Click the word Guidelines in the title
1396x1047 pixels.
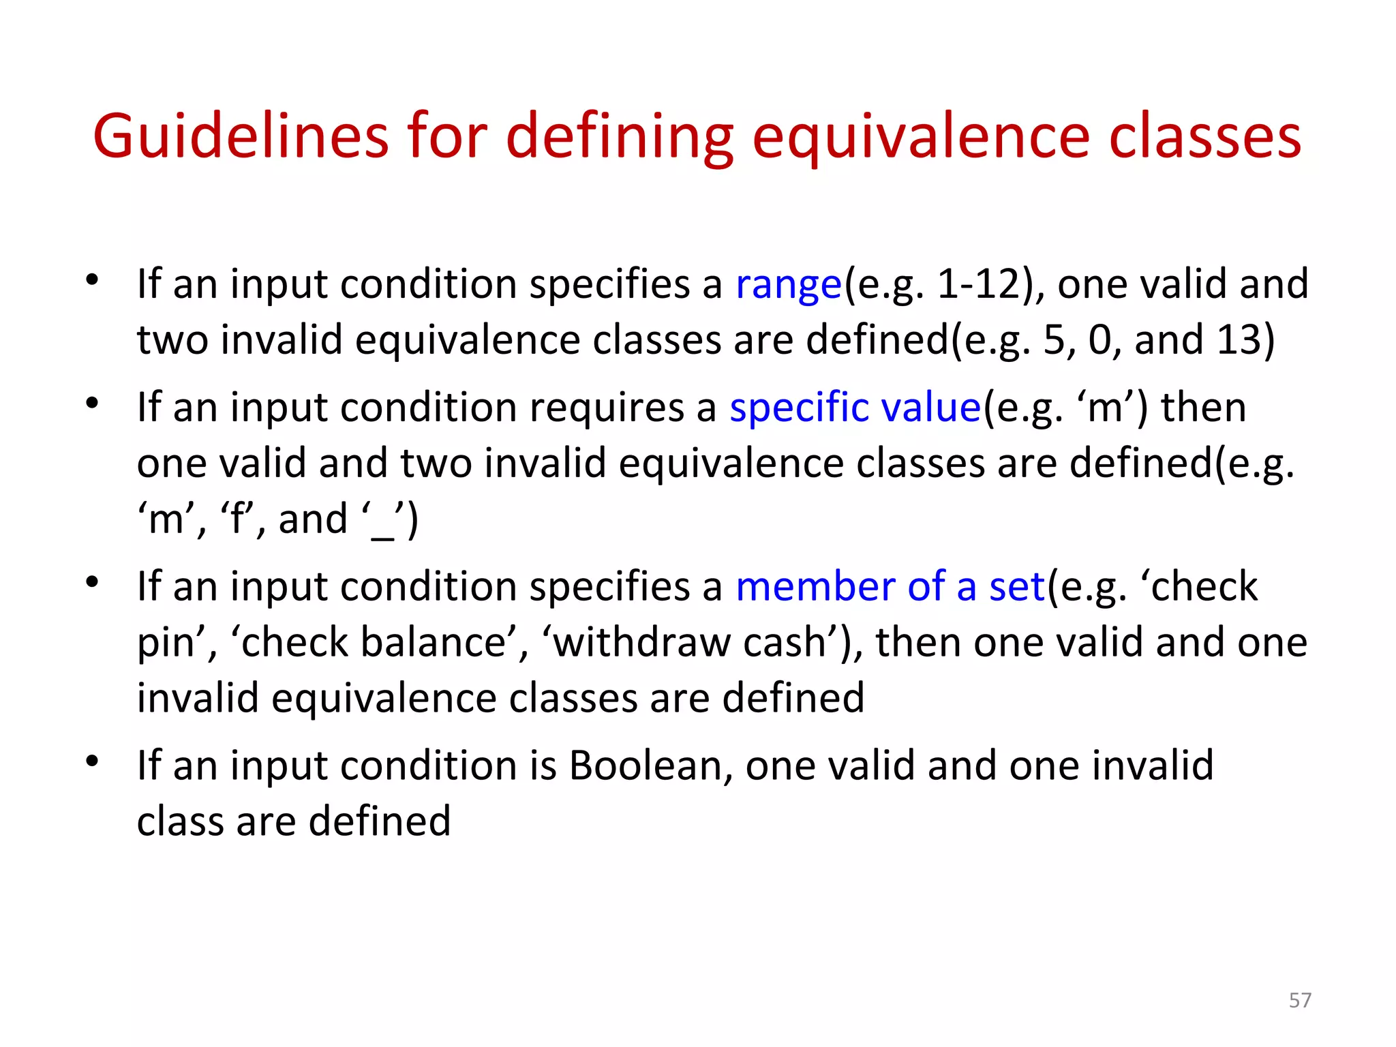click(x=241, y=136)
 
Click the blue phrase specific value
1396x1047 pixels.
click(x=855, y=408)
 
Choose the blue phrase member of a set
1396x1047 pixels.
click(x=890, y=587)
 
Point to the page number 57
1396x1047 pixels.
click(x=1300, y=1000)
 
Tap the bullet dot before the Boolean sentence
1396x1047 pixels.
click(x=93, y=760)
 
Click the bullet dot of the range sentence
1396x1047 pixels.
click(x=93, y=279)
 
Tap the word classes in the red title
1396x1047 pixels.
click(x=1205, y=136)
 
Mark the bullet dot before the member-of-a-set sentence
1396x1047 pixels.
click(x=93, y=581)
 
